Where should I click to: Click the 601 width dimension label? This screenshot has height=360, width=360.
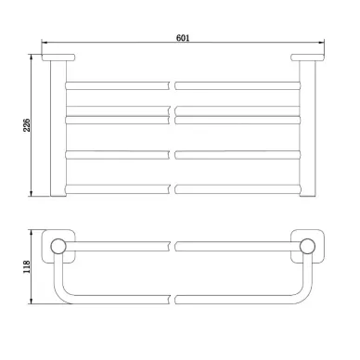[x=183, y=38]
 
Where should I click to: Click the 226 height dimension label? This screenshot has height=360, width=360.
[x=27, y=125]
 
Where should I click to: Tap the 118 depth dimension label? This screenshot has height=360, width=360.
[x=27, y=266]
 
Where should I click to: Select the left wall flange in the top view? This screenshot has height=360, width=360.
[x=58, y=58]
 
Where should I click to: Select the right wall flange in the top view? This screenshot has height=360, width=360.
[x=307, y=58]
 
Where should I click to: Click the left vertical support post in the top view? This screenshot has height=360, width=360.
[x=58, y=128]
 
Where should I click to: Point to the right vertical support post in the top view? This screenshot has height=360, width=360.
[x=308, y=128]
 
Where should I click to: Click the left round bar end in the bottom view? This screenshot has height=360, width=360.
[x=58, y=247]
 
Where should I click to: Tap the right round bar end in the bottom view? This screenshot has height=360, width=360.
[x=308, y=247]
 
